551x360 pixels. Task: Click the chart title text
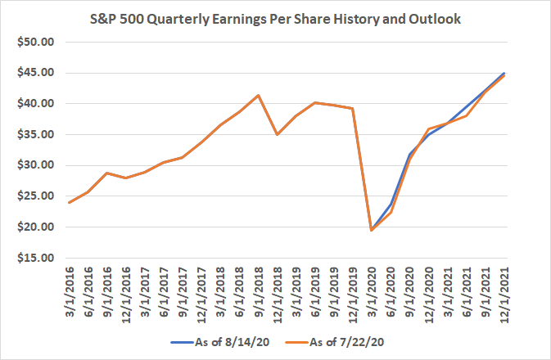pos(276,18)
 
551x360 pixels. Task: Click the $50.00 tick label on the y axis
pos(31,42)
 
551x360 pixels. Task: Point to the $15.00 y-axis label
pos(31,258)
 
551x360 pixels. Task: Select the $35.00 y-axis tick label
pos(31,134)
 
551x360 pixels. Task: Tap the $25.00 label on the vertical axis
pos(31,196)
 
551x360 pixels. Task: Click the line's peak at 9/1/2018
pos(259,95)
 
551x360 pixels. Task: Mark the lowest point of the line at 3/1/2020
pos(372,230)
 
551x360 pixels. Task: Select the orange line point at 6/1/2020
pos(391,213)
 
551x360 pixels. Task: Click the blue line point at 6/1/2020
pos(391,205)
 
